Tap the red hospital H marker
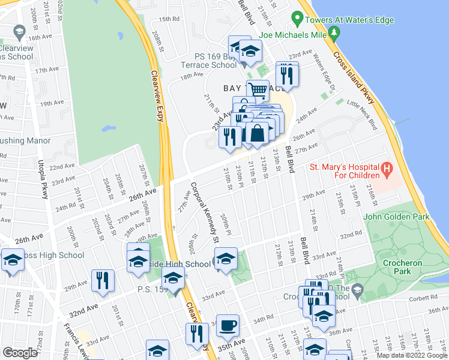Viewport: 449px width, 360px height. tap(387, 170)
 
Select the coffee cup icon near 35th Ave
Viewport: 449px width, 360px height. tap(228, 326)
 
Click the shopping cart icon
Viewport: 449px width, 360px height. tap(258, 91)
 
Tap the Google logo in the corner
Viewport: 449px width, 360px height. tap(20, 353)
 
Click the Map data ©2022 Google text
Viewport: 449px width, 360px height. tap(412, 355)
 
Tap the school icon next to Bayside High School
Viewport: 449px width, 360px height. tap(225, 260)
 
